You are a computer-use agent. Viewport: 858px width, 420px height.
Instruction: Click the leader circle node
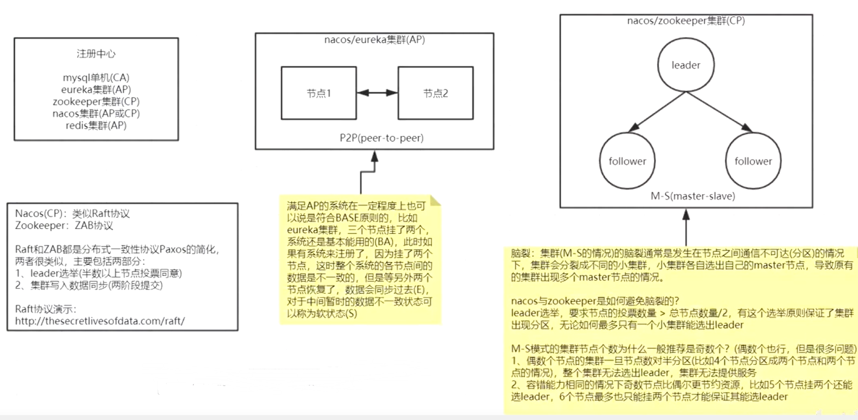[x=686, y=65]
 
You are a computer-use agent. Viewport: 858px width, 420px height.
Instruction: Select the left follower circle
[x=627, y=161]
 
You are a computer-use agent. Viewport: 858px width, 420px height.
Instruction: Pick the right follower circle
[x=753, y=161]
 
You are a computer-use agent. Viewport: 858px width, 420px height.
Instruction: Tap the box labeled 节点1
[x=318, y=93]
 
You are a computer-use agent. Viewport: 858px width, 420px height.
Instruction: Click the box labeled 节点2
[x=435, y=93]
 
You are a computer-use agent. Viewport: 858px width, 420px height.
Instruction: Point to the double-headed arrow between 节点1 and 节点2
[x=377, y=93]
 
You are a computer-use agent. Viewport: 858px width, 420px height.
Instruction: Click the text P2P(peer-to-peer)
[x=381, y=138]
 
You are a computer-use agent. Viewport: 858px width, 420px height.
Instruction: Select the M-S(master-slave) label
[x=693, y=196]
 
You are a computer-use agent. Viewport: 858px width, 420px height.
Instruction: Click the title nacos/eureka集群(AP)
[x=374, y=39]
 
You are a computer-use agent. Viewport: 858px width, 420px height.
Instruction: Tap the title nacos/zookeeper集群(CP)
[x=686, y=20]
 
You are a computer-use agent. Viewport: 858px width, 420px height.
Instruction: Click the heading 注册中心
[x=96, y=53]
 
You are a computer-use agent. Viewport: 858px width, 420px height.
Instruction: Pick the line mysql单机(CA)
[x=96, y=78]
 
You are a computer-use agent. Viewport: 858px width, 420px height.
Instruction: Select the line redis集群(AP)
[x=96, y=125]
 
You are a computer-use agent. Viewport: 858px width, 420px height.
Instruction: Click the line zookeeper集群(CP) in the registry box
[x=96, y=101]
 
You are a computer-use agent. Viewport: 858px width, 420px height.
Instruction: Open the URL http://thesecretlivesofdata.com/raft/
[x=100, y=321]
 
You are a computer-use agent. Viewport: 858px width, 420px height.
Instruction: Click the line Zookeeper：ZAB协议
[x=64, y=225]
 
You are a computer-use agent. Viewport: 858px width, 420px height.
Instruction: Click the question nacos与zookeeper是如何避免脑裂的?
[x=595, y=301]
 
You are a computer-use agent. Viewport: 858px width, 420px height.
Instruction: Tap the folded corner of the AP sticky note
[x=435, y=201]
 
